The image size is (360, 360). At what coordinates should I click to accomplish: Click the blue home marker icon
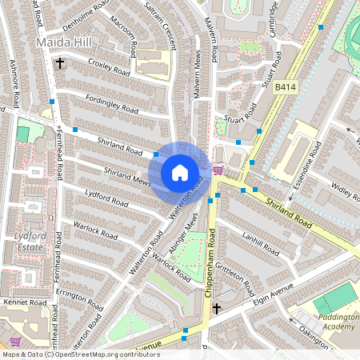pyautogui.click(x=180, y=173)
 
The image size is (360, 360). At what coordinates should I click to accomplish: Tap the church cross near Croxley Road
pyautogui.click(x=59, y=62)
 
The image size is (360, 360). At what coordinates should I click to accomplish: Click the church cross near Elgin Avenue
pyautogui.click(x=216, y=308)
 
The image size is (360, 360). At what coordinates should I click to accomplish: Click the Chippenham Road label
pyautogui.click(x=212, y=260)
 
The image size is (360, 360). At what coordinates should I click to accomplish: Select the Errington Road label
pyautogui.click(x=80, y=298)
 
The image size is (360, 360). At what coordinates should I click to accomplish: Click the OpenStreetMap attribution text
pyautogui.click(x=70, y=354)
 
